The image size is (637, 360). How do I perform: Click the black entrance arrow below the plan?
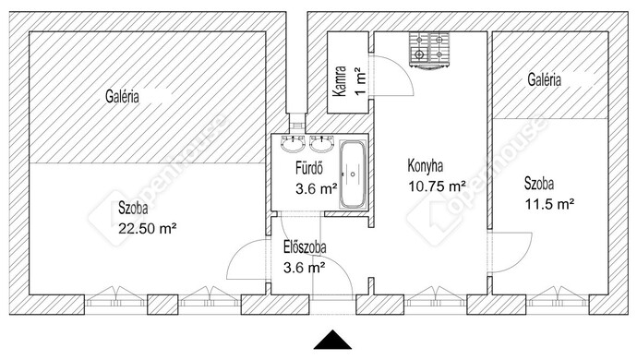332,341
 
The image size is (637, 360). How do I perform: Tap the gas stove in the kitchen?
429,50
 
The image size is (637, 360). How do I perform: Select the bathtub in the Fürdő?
353,174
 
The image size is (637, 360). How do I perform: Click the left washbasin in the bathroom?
293,143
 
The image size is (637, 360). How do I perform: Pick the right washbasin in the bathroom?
321,143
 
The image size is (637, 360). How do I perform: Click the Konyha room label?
426,166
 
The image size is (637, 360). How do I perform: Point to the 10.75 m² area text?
437,186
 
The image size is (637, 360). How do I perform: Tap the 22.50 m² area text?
147,229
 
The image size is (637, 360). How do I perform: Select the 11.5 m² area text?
549,204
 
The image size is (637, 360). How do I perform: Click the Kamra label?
340,81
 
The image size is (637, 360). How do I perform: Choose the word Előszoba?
305,247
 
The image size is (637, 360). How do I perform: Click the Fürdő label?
309,168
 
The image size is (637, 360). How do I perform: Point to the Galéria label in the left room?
122,97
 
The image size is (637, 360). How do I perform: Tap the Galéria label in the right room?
545,79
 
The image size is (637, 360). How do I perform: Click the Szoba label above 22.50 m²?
133,209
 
